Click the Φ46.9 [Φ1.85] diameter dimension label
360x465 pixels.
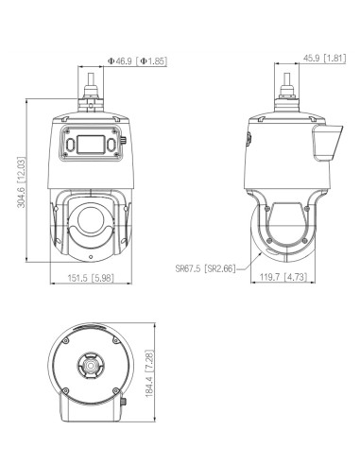coord(137,60)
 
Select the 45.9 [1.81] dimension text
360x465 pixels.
coord(324,59)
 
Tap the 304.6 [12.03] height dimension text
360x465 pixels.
coord(21,182)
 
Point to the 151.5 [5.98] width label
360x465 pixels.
coord(91,278)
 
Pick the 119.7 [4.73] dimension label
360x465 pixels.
coord(283,277)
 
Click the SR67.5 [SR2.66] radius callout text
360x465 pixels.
coord(205,268)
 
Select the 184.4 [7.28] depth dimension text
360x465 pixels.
coord(149,373)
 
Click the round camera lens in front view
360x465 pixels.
coord(91,220)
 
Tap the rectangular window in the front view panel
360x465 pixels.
coord(91,145)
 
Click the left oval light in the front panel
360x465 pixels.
coord(71,145)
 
